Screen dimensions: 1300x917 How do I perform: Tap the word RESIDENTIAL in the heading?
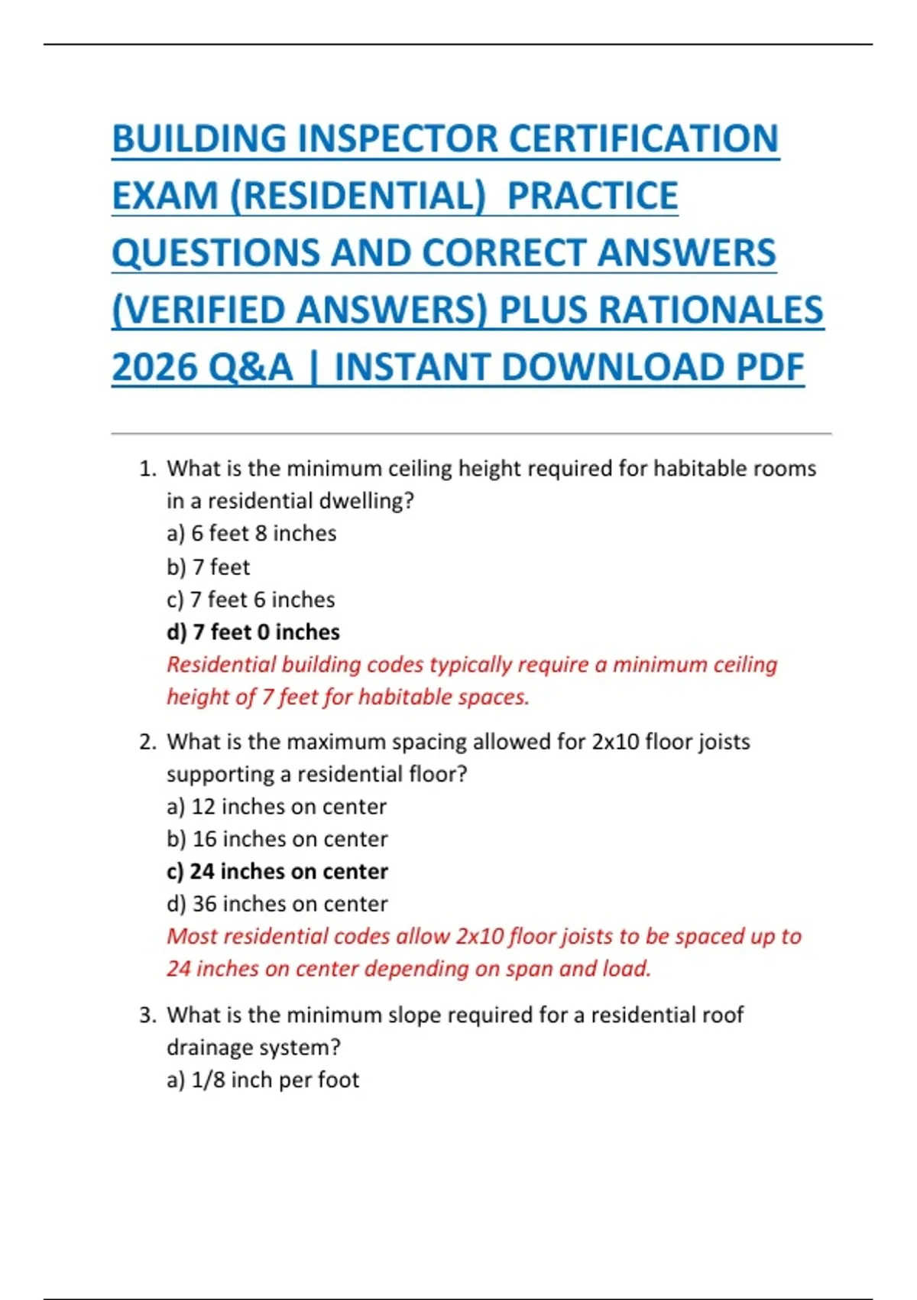pos(358,196)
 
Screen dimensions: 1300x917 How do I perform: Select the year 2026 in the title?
pos(154,367)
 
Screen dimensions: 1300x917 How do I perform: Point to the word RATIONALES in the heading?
pos(710,310)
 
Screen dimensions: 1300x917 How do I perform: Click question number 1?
pos(147,469)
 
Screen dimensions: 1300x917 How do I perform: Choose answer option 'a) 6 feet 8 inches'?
pos(251,534)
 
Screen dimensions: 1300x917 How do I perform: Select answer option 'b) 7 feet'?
pos(208,567)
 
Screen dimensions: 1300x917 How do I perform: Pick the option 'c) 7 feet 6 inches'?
pos(251,600)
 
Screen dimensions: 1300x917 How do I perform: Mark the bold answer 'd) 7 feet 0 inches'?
pos(253,632)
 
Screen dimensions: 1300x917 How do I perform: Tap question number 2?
pos(147,742)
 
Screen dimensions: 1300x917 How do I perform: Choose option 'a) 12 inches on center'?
pos(277,807)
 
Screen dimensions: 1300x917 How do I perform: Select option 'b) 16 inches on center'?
pos(277,839)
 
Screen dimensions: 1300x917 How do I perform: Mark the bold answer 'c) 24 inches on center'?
pos(277,872)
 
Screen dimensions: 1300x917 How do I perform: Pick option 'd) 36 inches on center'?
pos(277,904)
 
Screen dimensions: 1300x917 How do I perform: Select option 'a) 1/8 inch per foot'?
pos(263,1080)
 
